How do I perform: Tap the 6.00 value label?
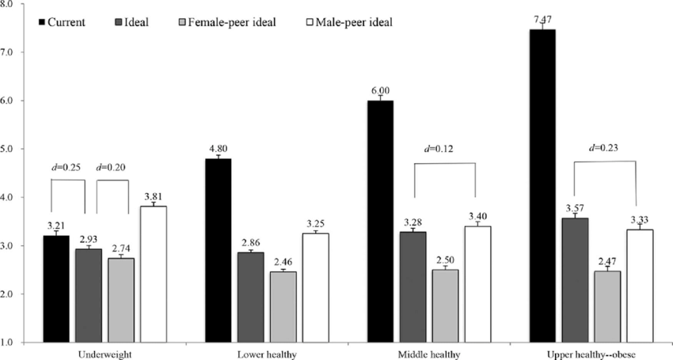click(x=382, y=91)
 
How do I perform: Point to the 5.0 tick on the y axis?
click(x=18, y=149)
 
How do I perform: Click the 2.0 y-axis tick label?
click(x=18, y=294)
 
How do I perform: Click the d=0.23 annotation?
click(x=606, y=146)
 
